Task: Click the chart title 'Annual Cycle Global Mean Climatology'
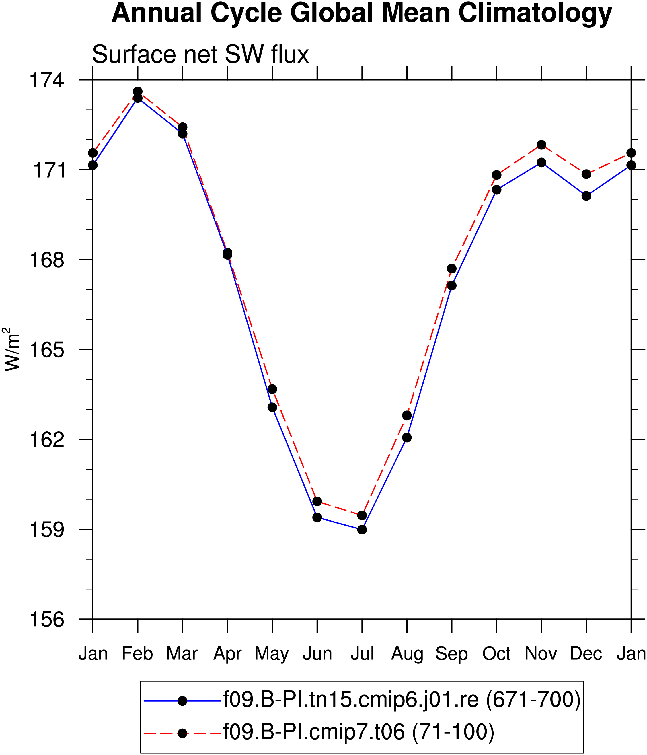pyautogui.click(x=362, y=13)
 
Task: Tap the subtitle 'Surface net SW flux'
pyautogui.click(x=200, y=55)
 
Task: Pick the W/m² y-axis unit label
pyautogui.click(x=12, y=349)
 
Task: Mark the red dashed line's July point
pyautogui.click(x=362, y=515)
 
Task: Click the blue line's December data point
pyautogui.click(x=586, y=196)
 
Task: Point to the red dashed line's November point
pyautogui.click(x=541, y=145)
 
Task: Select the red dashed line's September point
pyautogui.click(x=452, y=268)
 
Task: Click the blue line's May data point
pyautogui.click(x=272, y=407)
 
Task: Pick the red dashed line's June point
pyautogui.click(x=317, y=501)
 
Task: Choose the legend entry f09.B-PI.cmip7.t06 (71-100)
pyautogui.click(x=319, y=732)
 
